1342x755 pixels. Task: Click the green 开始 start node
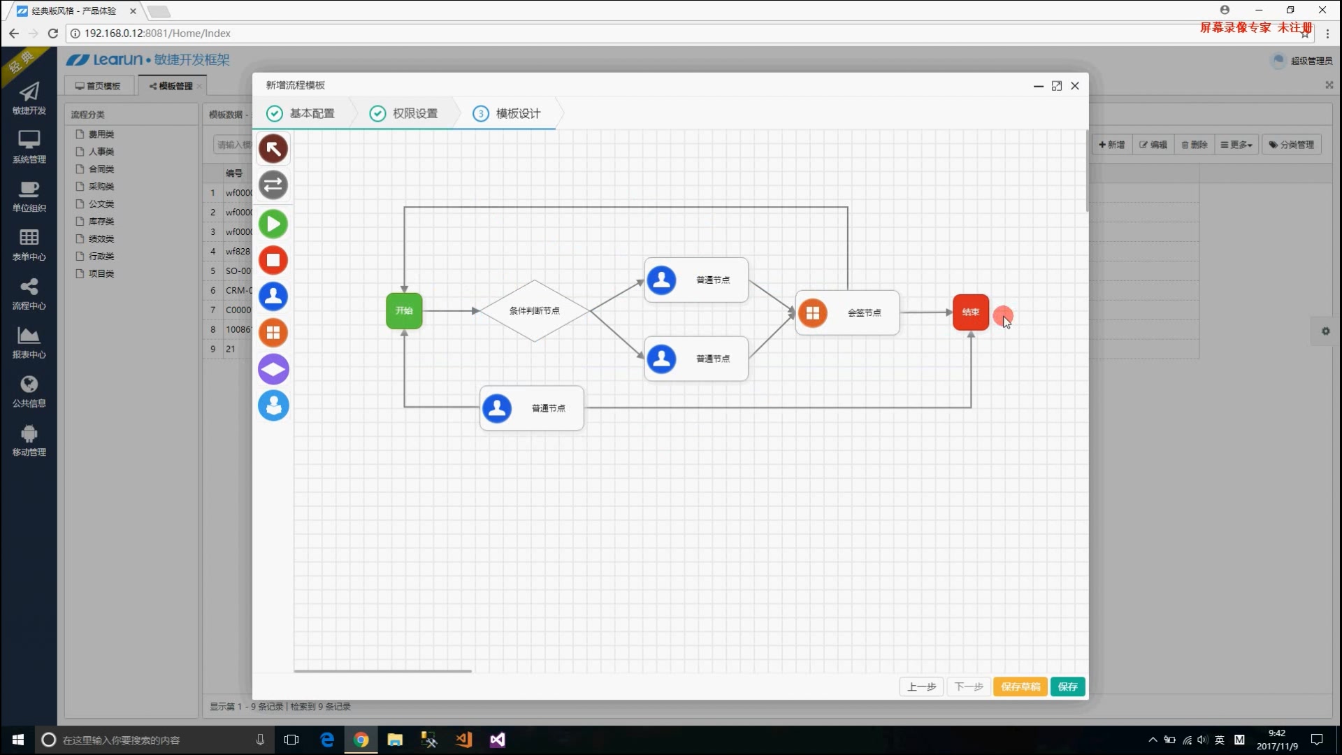404,310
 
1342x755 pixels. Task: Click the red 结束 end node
970,312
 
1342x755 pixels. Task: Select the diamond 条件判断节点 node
534,310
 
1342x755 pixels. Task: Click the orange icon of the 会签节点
812,312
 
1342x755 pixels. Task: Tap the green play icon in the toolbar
273,224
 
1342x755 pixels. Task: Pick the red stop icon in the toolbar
273,260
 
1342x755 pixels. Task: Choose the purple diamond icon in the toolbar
273,369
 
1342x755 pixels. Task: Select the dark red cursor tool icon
273,148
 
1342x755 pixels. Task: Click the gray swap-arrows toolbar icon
273,185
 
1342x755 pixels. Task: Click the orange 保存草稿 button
1020,686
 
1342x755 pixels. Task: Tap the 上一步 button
921,686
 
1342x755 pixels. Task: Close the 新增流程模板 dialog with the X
1075,85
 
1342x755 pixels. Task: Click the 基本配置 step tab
302,113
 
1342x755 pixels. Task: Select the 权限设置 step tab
405,113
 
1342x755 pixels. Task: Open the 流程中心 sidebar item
29,294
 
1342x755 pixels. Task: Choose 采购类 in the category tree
101,187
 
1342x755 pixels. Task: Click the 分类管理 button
1292,145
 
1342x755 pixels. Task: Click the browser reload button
52,33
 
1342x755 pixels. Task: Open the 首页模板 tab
99,86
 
